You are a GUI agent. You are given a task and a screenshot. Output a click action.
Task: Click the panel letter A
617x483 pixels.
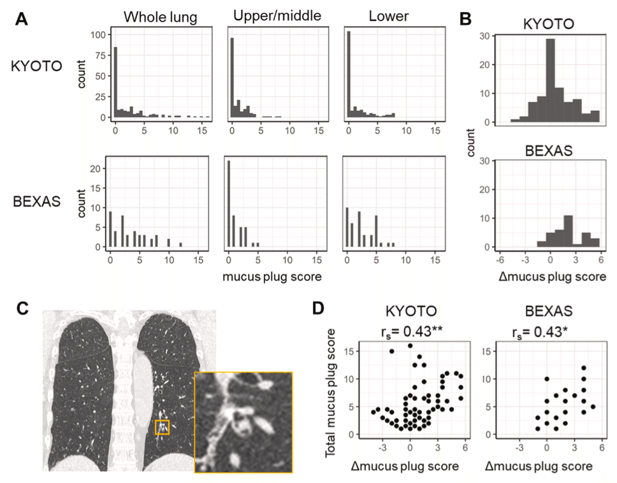tap(22, 19)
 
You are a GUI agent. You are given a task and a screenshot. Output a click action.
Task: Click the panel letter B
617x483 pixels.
tap(465, 19)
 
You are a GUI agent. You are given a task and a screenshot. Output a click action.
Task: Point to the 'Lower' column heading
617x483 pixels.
tap(388, 17)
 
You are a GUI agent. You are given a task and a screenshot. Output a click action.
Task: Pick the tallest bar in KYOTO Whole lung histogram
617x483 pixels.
tap(115, 83)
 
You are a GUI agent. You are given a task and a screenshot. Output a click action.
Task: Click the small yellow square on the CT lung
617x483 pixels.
tap(163, 426)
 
